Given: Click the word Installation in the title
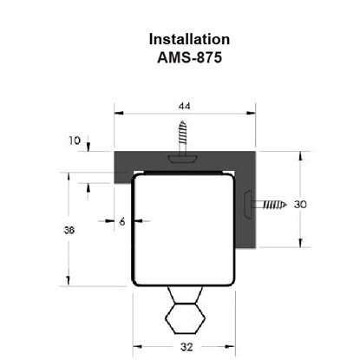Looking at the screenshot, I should pos(189,39).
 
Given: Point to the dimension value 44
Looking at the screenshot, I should pos(184,106).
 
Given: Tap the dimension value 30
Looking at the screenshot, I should pos(300,205).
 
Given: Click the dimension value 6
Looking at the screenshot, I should pos(121,221).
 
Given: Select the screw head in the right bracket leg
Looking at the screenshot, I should pos(248,206).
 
